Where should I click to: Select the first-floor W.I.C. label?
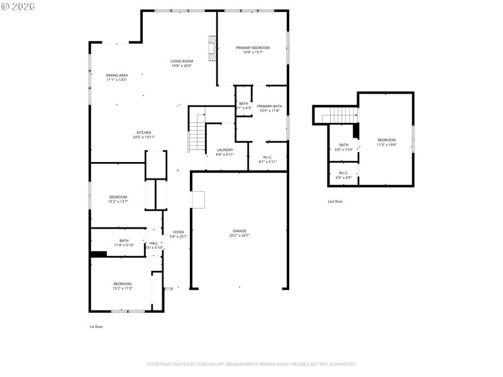[267, 159]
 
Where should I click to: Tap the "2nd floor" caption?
[335, 202]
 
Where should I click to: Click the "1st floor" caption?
[97, 327]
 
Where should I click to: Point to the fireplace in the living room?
[213, 46]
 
